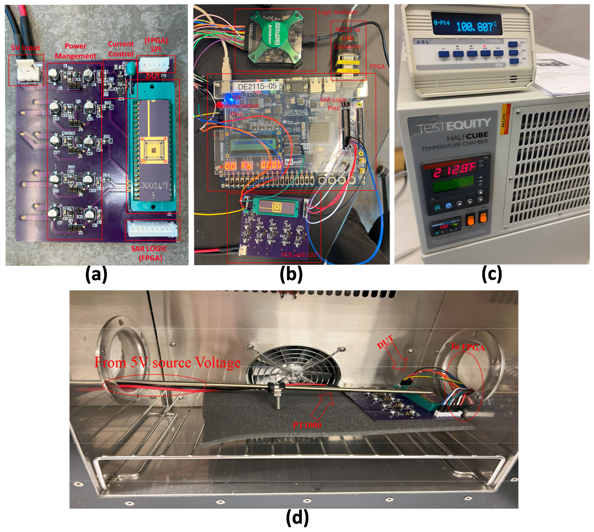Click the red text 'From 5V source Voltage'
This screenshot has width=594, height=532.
pyautogui.click(x=167, y=362)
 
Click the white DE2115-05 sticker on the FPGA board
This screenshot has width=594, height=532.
pyautogui.click(x=257, y=86)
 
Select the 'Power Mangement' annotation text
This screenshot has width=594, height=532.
pyautogui.click(x=75, y=51)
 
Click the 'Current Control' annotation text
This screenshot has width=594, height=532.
pyautogui.click(x=121, y=49)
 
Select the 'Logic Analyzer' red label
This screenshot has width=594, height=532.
pyautogui.click(x=337, y=12)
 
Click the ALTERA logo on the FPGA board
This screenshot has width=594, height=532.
pyautogui.click(x=296, y=113)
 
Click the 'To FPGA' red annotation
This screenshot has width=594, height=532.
pyautogui.click(x=467, y=347)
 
